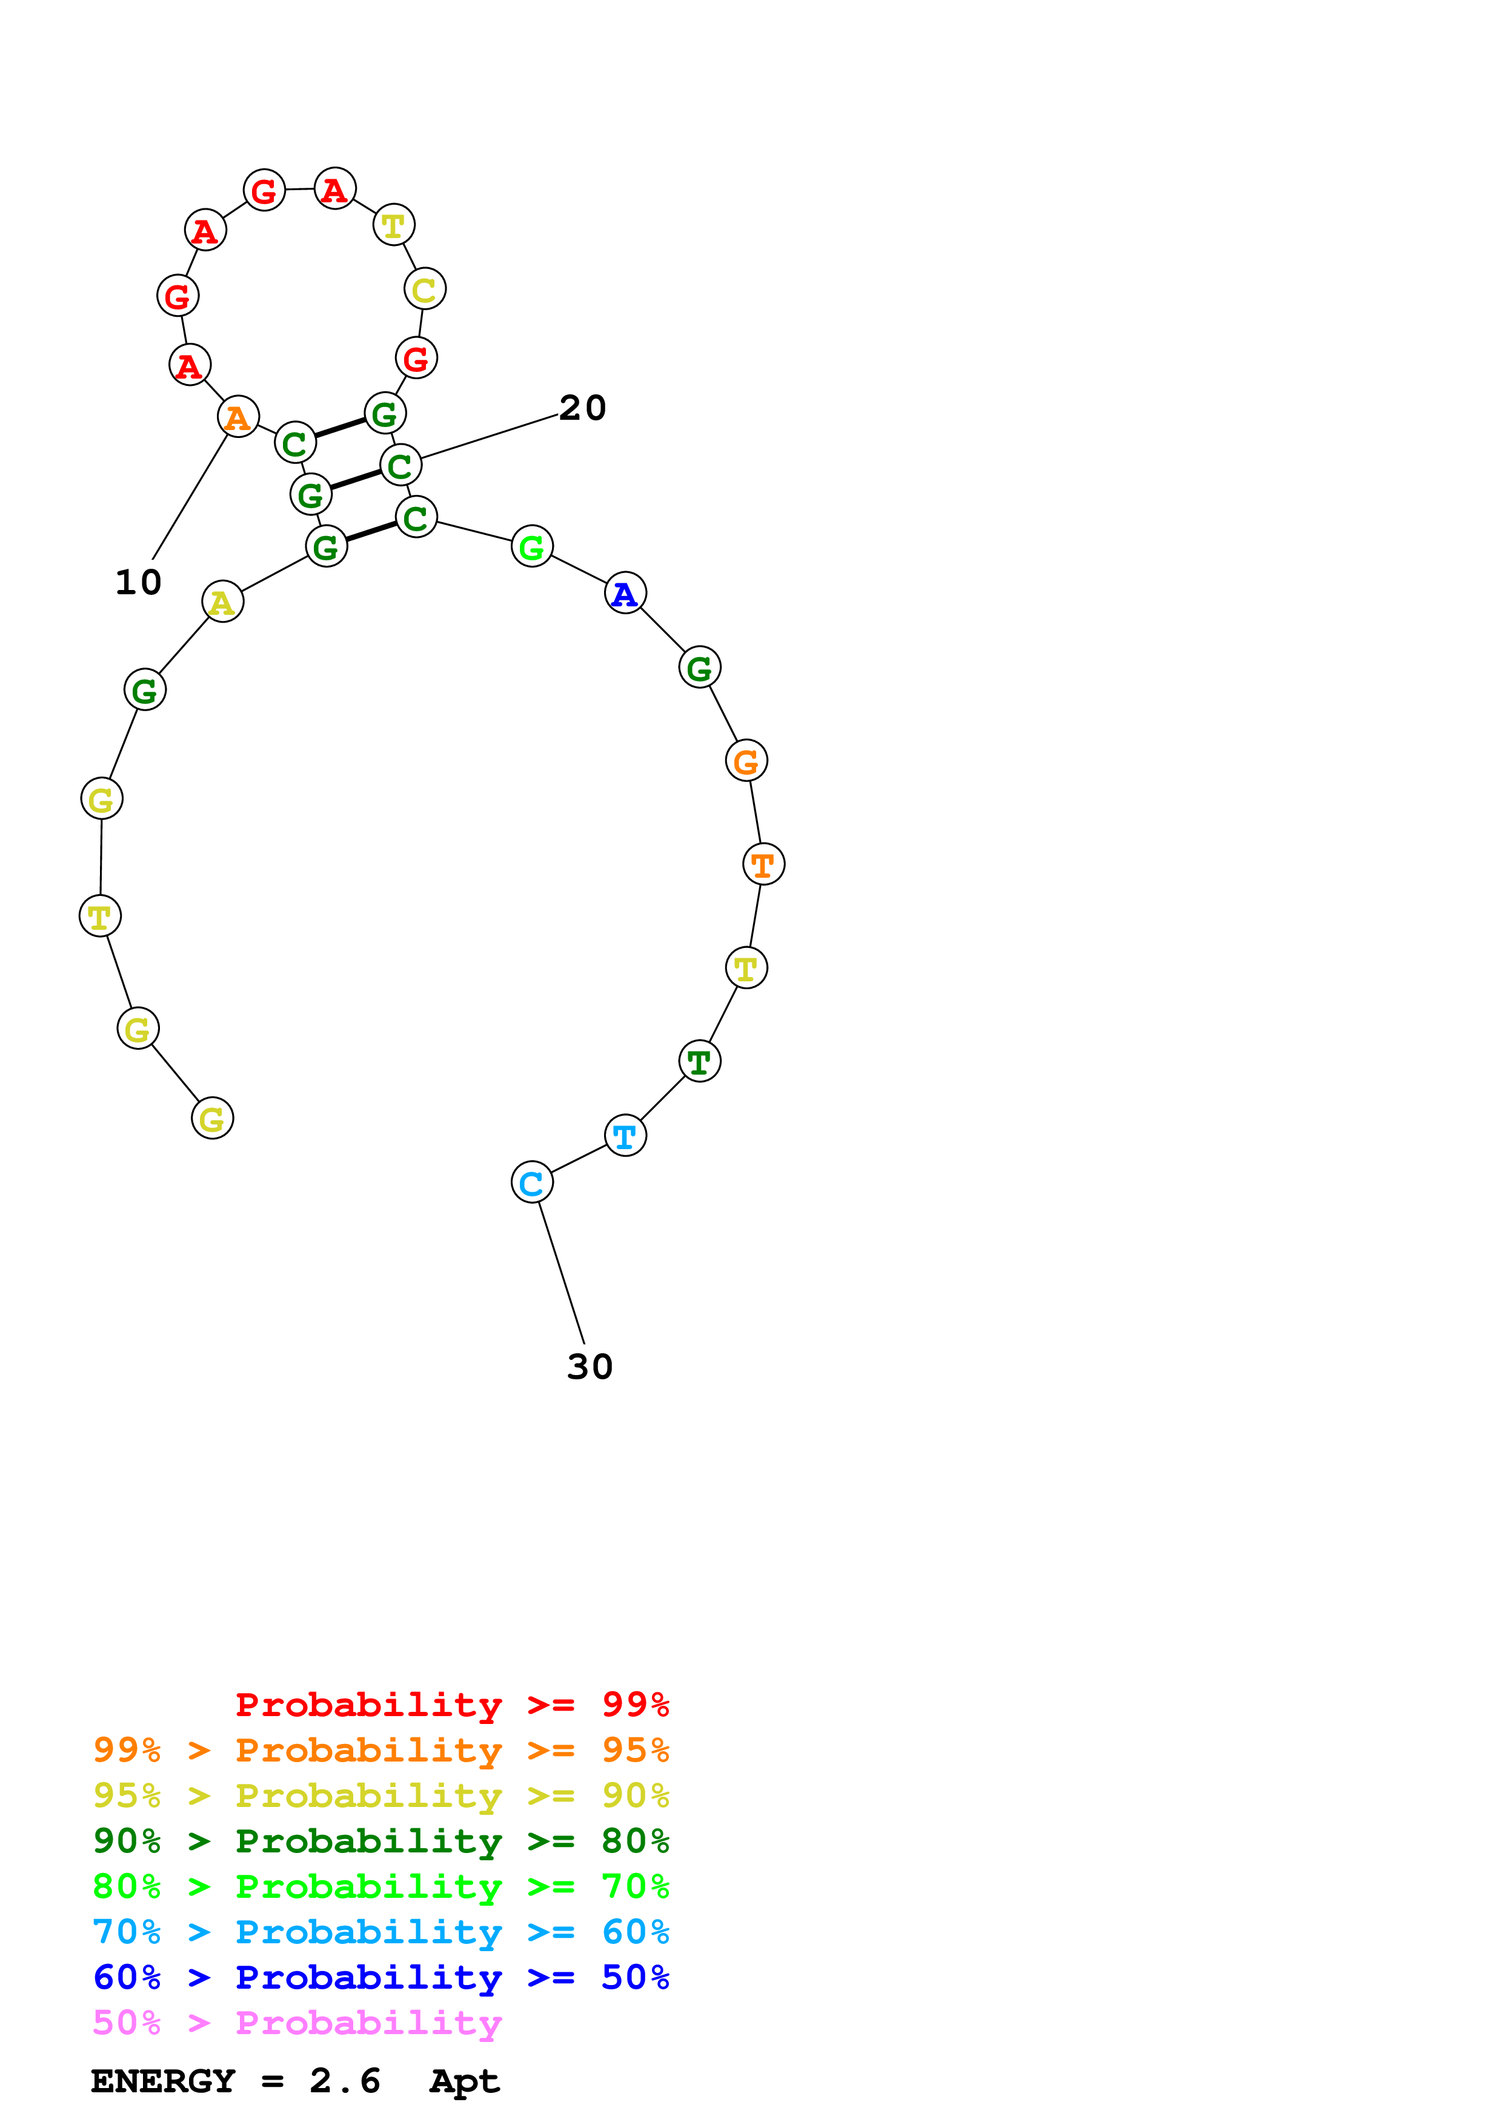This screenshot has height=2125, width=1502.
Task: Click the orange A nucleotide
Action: click(238, 417)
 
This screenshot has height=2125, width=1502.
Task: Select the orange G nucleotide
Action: click(746, 761)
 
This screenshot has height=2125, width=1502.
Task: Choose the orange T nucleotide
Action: click(763, 864)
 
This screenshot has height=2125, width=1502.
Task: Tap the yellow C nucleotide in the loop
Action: click(425, 289)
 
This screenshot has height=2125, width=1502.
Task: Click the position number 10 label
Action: click(138, 582)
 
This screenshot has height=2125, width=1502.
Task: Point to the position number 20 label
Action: click(582, 407)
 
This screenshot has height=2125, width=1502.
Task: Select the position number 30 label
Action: click(590, 1366)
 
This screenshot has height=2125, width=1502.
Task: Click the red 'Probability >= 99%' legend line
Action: click(451, 1704)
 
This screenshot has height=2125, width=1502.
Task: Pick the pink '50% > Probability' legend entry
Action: click(297, 2022)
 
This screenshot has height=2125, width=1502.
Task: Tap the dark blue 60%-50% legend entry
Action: click(380, 1977)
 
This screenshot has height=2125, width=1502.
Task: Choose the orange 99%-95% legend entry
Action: click(380, 1749)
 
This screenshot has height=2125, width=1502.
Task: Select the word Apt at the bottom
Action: click(465, 2081)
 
